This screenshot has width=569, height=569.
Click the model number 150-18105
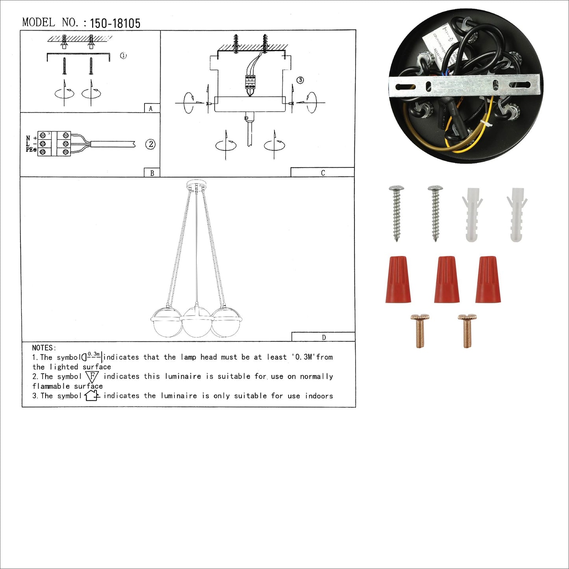tap(115, 24)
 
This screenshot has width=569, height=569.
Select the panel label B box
tap(152, 173)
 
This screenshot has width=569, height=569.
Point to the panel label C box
tap(322, 172)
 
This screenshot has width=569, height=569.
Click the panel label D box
tap(323, 337)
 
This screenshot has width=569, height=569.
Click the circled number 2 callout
tap(150, 144)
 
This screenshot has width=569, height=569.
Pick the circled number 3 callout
tap(300, 80)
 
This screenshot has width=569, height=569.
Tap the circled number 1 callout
tap(123, 56)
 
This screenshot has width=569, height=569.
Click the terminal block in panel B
tap(54, 144)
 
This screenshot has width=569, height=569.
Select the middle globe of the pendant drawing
tap(197, 322)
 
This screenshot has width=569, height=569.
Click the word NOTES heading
tap(44, 348)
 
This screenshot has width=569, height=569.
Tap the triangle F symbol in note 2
tap(92, 376)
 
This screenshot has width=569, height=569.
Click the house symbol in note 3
tap(92, 395)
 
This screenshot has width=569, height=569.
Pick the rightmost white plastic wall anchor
tap(517, 214)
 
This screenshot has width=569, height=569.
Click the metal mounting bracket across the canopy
tap(464, 85)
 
